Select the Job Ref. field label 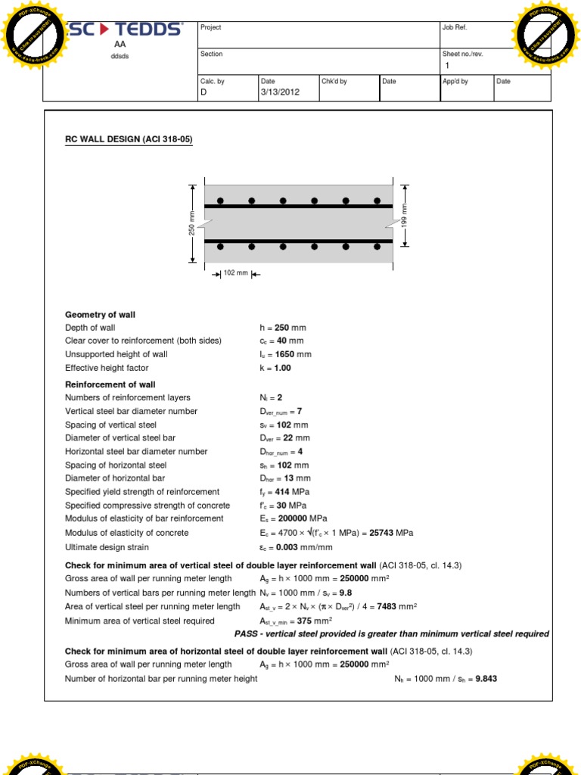coord(456,27)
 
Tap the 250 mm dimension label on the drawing coord(192,223)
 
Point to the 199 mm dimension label coord(404,216)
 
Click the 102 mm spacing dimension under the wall coord(236,273)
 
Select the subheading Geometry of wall coord(100,314)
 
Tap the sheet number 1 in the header coord(447,66)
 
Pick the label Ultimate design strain coord(107,547)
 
